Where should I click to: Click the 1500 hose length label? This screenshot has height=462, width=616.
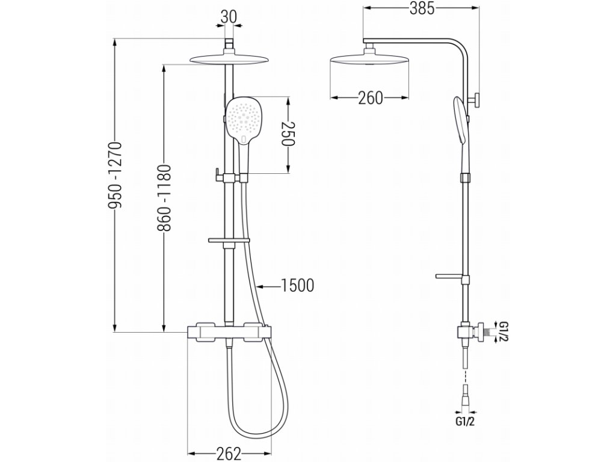297,285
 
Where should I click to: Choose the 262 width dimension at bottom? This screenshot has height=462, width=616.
228,453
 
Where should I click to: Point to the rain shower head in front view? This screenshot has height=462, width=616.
228,59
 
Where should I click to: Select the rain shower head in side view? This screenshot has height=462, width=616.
367,60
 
